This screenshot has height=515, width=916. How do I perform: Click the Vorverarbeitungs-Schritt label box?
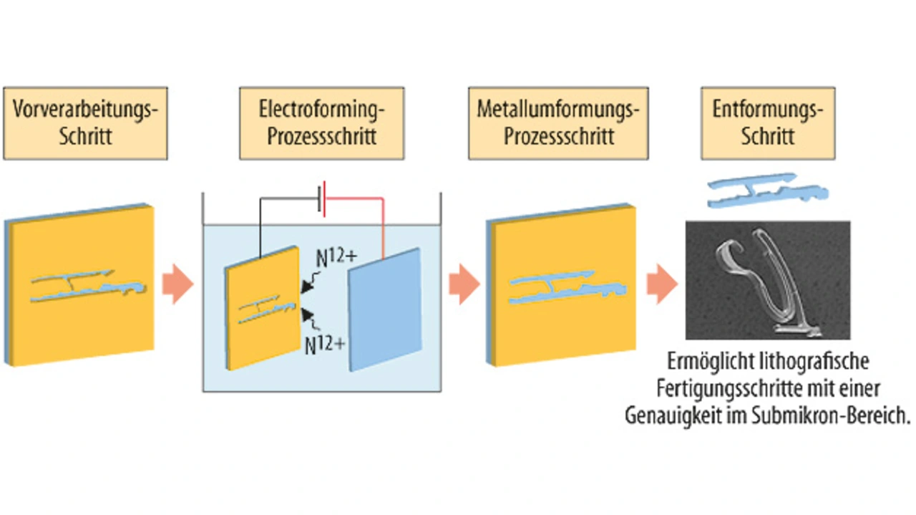pyautogui.click(x=85, y=123)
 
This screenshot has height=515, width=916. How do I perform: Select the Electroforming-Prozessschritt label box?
pyautogui.click(x=322, y=123)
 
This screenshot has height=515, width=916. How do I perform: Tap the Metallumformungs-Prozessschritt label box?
pyautogui.click(x=558, y=123)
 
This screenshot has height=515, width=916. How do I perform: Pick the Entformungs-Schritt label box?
pyautogui.click(x=768, y=123)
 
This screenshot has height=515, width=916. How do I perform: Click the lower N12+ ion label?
pyautogui.click(x=325, y=345)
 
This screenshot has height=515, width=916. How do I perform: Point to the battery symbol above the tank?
pyautogui.click(x=322, y=199)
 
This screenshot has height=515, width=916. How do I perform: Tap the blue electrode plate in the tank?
pyautogui.click(x=384, y=310)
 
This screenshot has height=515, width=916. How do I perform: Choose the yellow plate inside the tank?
pyautogui.click(x=263, y=308)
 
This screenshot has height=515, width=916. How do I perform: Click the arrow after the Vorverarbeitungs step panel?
pyautogui.click(x=178, y=284)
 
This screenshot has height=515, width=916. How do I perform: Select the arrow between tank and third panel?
pyautogui.click(x=464, y=284)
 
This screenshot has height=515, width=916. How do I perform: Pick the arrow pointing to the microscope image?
pyautogui.click(x=663, y=284)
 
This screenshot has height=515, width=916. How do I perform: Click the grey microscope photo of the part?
pyautogui.click(x=768, y=281)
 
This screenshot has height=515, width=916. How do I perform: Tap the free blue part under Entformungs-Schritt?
pyautogui.click(x=768, y=191)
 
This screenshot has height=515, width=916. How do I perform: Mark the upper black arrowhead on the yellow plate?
pyautogui.click(x=307, y=286)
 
